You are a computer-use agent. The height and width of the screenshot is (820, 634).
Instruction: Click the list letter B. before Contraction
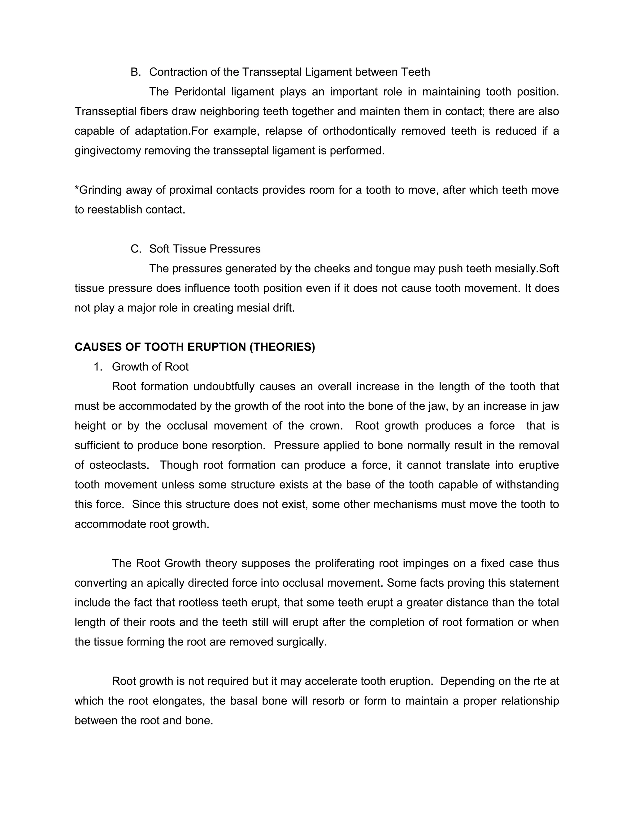point(135,72)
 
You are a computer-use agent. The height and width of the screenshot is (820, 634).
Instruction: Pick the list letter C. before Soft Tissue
point(136,249)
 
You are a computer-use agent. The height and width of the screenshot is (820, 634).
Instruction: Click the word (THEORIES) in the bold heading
point(282,347)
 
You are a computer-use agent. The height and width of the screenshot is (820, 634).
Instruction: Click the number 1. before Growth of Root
point(98,367)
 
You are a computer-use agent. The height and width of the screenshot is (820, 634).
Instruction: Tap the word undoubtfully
point(224,386)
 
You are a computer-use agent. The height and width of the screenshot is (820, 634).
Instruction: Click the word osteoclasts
point(119,465)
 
